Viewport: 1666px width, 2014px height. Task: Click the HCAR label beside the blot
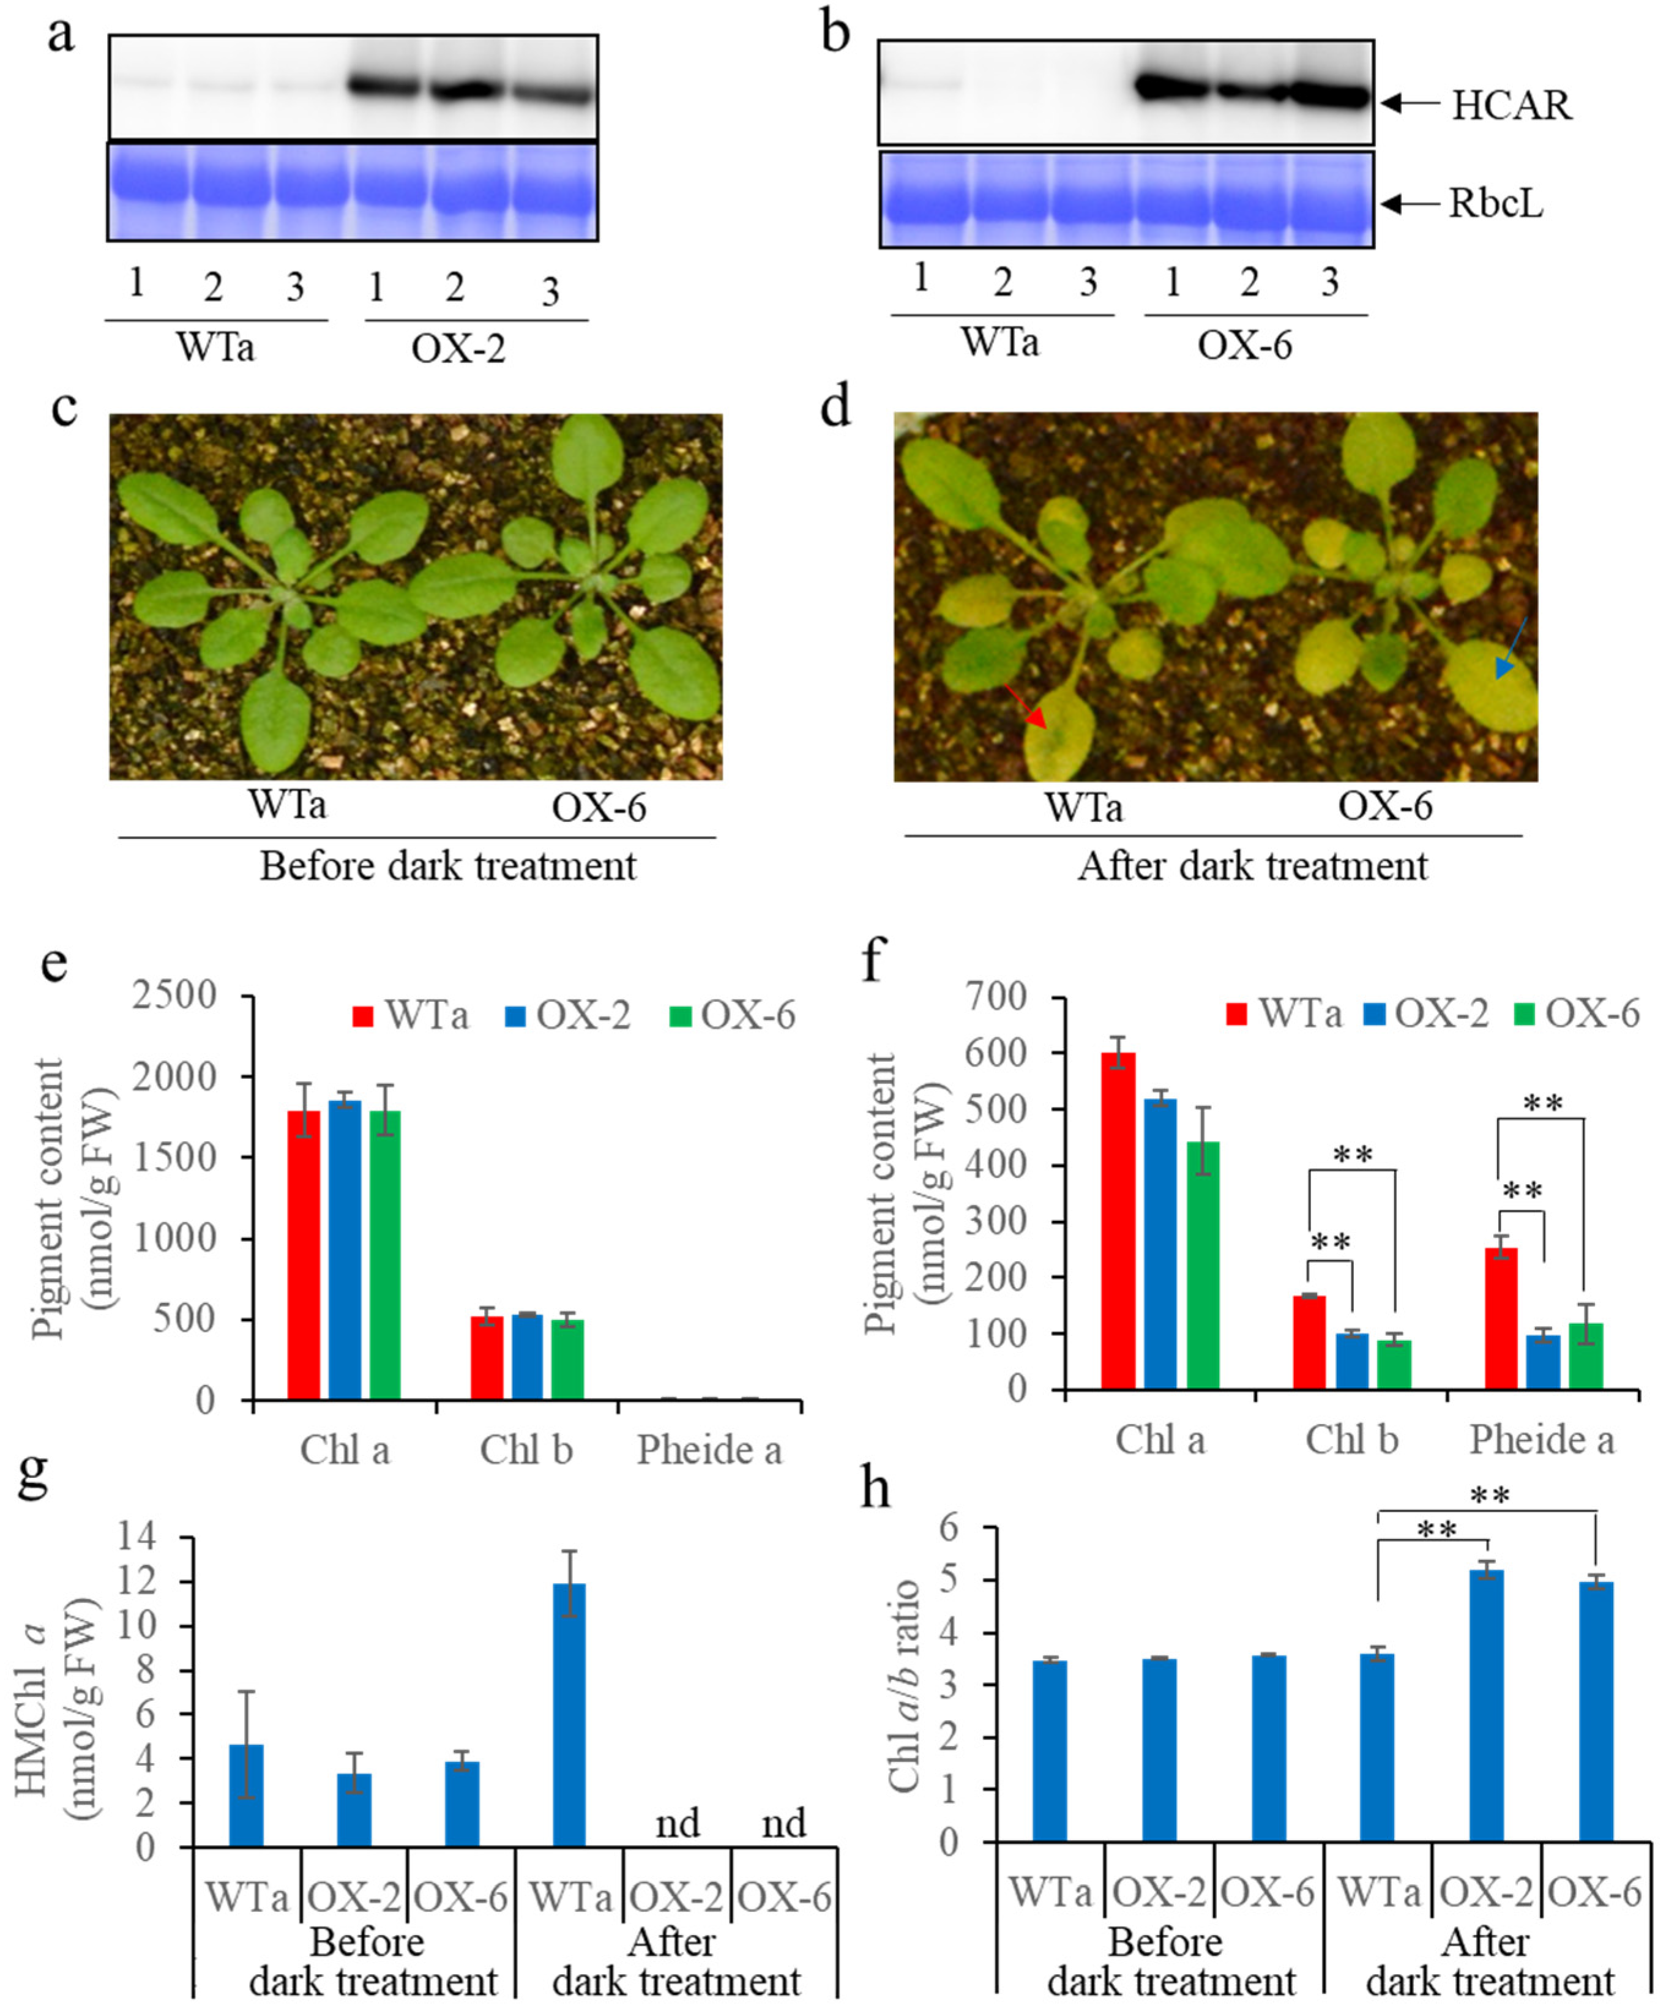point(1511,105)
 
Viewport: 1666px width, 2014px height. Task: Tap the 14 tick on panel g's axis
point(137,1537)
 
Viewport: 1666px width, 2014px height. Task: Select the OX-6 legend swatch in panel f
point(1524,1013)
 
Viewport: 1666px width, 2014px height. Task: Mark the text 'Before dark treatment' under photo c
point(448,866)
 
